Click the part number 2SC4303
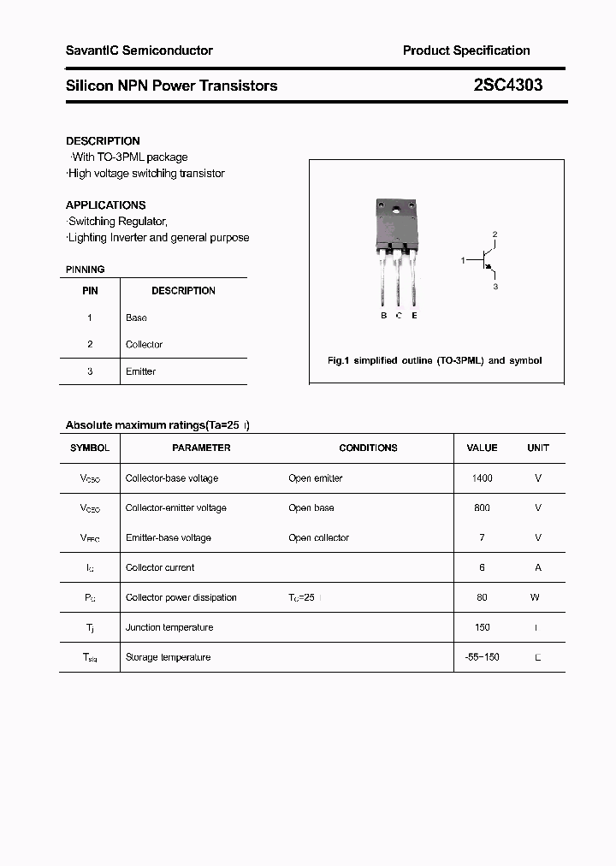point(507,86)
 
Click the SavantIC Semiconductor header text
point(139,50)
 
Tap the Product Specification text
point(466,50)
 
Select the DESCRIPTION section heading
point(103,141)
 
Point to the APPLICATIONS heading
point(105,205)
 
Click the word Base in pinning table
point(136,317)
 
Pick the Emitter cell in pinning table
point(140,371)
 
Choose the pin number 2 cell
point(90,344)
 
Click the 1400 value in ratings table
point(482,478)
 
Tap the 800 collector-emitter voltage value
point(482,508)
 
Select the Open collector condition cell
point(318,538)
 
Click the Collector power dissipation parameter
point(181,598)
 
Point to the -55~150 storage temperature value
point(482,657)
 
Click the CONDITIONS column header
point(368,448)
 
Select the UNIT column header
point(538,448)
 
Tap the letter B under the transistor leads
point(383,316)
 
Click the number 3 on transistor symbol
point(495,287)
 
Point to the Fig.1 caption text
point(435,361)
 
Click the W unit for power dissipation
point(535,598)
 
